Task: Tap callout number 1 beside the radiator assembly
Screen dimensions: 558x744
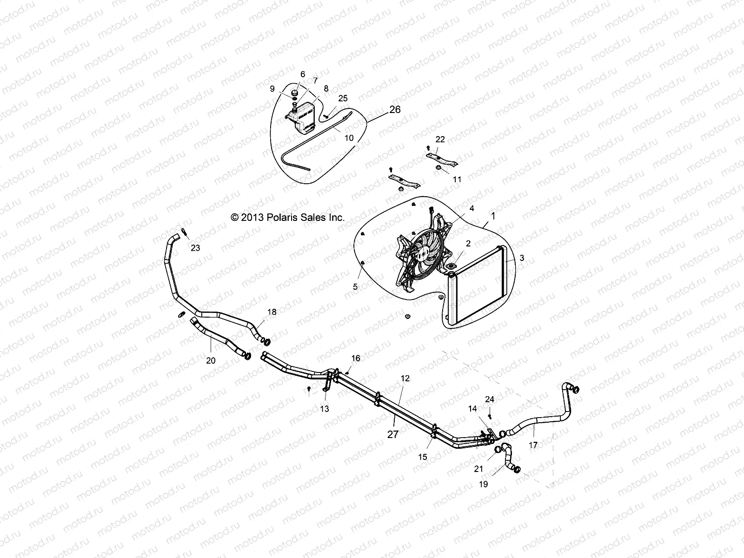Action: click(x=493, y=216)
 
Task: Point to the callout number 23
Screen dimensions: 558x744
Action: click(x=195, y=248)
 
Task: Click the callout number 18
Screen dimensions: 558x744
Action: click(x=271, y=312)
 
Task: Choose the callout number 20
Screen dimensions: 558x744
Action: click(x=211, y=360)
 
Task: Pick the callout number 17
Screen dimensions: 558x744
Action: click(x=533, y=445)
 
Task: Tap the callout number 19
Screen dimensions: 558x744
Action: click(x=483, y=484)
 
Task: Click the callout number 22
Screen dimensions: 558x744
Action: click(x=440, y=139)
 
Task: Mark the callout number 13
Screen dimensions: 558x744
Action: click(x=325, y=409)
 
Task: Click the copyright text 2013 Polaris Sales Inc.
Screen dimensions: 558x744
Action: click(x=288, y=217)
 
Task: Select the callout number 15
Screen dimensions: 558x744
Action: click(x=422, y=457)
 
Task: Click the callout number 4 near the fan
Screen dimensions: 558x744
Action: click(x=472, y=209)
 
